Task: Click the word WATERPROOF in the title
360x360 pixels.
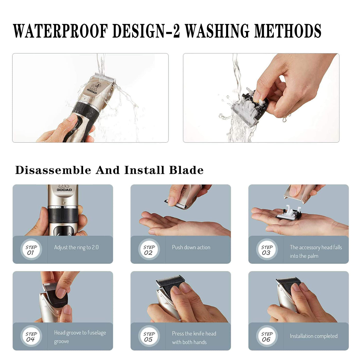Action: coord(61,31)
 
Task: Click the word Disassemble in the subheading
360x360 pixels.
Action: coord(53,170)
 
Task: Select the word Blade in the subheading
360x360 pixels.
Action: coord(186,170)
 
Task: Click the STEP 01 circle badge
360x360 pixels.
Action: coord(31,250)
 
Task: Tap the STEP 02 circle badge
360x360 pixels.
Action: coord(149,250)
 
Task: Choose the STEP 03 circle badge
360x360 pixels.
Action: coord(267,250)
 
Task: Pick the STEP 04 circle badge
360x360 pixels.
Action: coord(31,336)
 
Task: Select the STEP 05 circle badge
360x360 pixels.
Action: coord(149,336)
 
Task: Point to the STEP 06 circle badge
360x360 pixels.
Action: coord(267,336)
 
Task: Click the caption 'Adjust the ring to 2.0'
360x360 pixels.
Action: coord(76,247)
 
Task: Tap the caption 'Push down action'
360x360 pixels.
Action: coord(191,247)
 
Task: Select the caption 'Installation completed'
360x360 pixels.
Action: coord(314,336)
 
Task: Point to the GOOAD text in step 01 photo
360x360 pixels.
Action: coord(64,190)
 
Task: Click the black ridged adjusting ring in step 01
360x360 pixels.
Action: coord(63,215)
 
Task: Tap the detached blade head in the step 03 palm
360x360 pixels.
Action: coord(289,213)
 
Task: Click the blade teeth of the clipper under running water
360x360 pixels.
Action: coord(105,77)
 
